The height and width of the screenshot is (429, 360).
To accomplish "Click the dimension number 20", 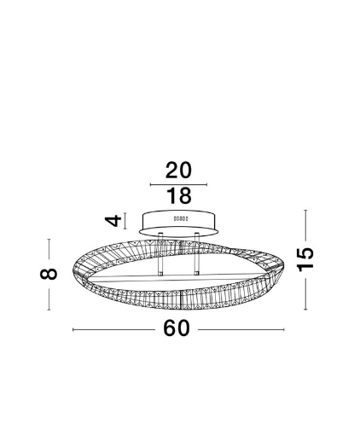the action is coord(178,171).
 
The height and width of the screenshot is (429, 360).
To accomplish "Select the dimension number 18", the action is coord(178,195).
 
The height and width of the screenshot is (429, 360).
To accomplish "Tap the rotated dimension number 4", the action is coord(113,221).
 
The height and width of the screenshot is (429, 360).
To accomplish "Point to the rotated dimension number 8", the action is coord(49,274).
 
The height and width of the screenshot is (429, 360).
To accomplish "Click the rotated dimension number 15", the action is coord(305,259).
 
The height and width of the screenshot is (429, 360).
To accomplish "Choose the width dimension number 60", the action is coord(177,328).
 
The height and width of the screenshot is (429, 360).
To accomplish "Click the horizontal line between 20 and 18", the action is coord(178,185).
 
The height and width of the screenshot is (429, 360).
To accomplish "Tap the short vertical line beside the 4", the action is coord(125,221).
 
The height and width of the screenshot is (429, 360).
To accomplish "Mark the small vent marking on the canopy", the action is coord(181,218).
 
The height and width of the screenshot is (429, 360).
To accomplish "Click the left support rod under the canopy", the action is coord(160,254).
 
